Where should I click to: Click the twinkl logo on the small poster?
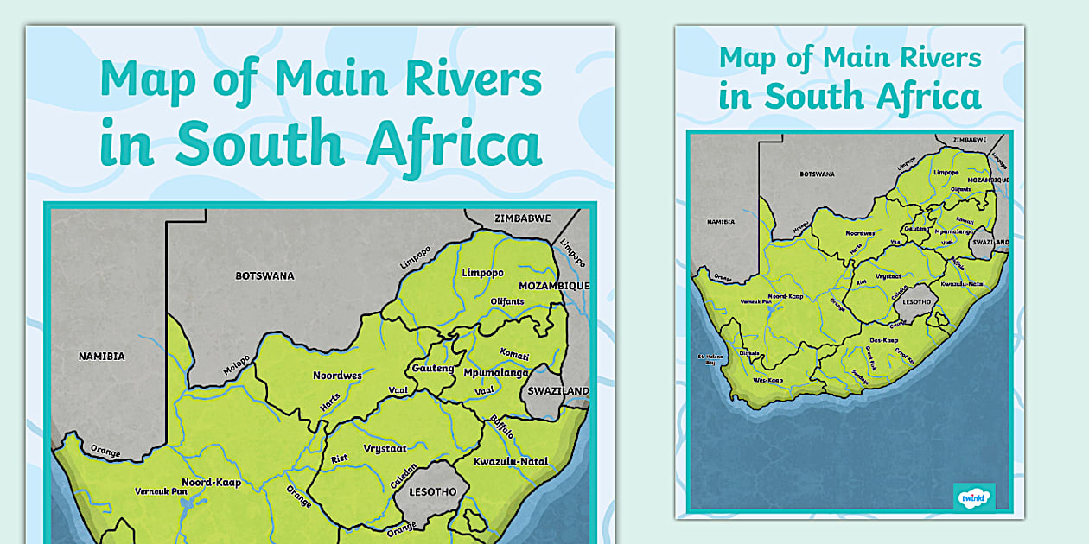coord(974,497)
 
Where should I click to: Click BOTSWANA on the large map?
coord(264,276)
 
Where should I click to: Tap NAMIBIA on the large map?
coord(102,356)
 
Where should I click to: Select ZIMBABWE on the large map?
coord(522,218)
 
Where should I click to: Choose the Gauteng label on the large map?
coord(433,369)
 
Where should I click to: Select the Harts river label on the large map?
coord(329,402)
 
